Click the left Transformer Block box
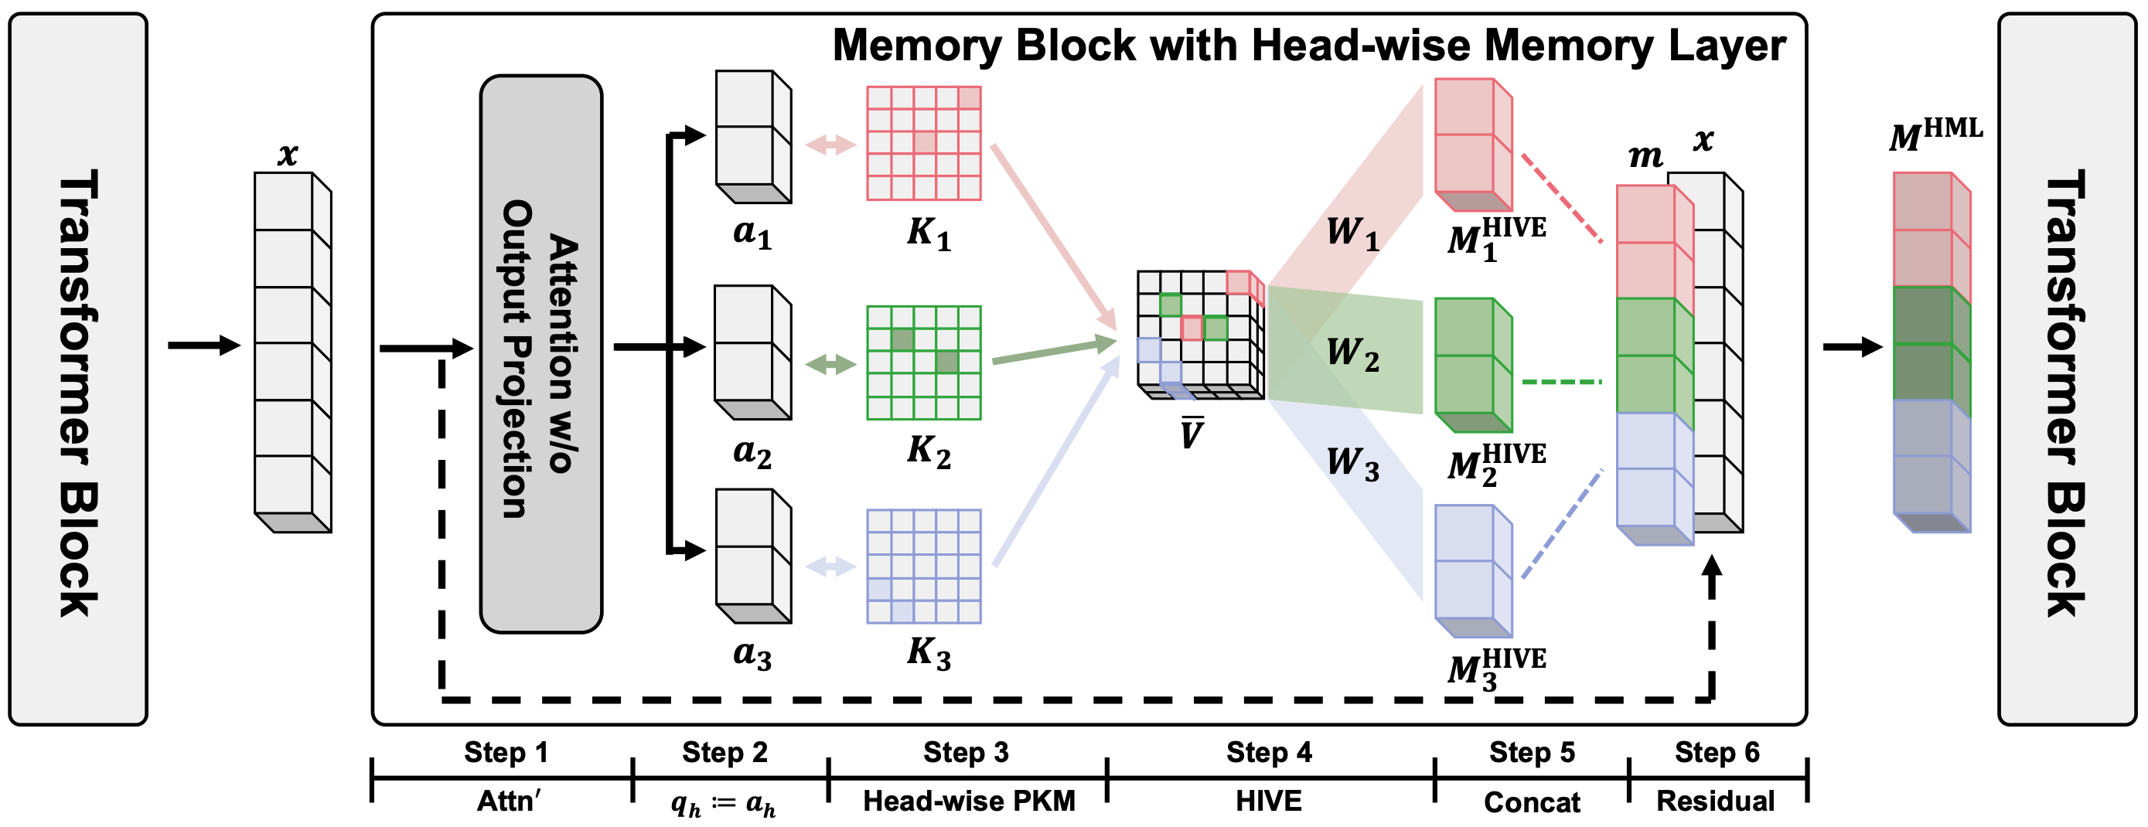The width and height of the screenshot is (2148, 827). [77, 369]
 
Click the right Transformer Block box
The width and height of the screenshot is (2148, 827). [2066, 369]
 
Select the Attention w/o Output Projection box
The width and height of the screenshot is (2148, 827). [540, 354]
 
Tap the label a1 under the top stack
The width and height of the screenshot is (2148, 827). [752, 233]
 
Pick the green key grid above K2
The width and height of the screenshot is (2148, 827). [923, 362]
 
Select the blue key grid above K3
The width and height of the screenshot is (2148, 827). [923, 566]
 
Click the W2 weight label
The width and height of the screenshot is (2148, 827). [1352, 353]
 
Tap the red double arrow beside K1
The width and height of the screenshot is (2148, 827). [830, 145]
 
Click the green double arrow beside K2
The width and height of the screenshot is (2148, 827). [830, 363]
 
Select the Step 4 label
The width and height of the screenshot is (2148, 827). [1268, 753]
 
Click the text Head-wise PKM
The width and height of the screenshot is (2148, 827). [968, 801]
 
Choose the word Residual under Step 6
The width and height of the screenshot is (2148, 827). [1715, 801]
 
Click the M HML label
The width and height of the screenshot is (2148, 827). [1935, 135]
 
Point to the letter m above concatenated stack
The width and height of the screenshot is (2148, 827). [1645, 156]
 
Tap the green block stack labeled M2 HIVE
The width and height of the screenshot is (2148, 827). [1471, 364]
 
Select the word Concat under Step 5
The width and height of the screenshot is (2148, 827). [1531, 802]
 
